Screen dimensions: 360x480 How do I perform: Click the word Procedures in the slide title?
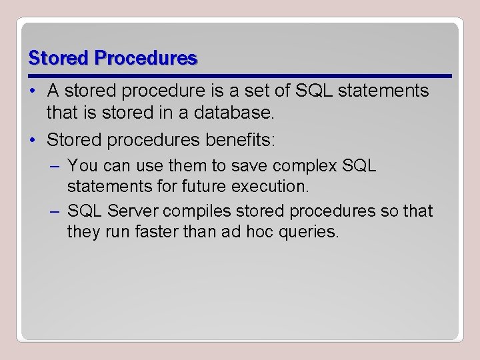tap(146, 59)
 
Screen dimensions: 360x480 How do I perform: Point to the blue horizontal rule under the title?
tap(240, 75)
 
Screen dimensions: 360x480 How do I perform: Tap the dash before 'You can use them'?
tap(56, 165)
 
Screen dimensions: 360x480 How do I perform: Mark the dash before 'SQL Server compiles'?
tap(56, 211)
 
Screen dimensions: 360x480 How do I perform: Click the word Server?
tap(129, 211)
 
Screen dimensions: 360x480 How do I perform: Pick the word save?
tap(248, 165)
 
